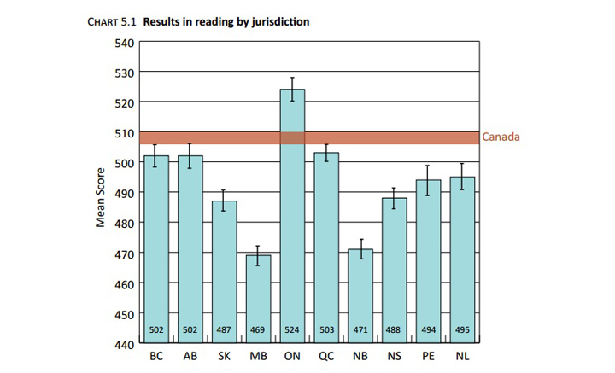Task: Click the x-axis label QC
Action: coord(326,356)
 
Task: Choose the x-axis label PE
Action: coord(428,356)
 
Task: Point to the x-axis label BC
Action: coord(156,356)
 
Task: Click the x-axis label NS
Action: coord(395,356)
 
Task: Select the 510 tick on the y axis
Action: coord(123,132)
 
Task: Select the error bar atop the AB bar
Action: coord(190,155)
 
